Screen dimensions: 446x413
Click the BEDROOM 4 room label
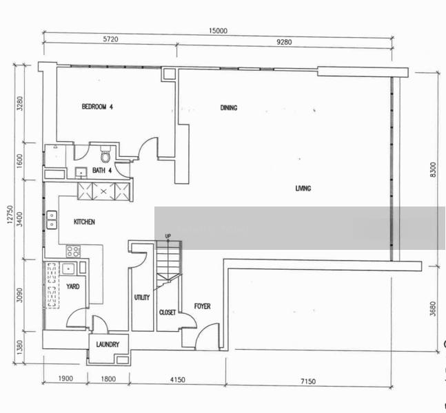tap(97, 107)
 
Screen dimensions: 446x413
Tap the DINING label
tap(229, 107)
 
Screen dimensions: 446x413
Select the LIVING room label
tap(303, 189)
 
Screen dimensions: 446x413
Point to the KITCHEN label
tap(84, 222)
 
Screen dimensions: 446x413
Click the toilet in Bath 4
tap(105, 154)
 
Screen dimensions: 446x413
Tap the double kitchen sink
tap(52, 220)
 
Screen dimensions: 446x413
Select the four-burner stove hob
tap(73, 251)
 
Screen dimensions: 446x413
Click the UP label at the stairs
tap(168, 236)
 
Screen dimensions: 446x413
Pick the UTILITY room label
tap(141, 297)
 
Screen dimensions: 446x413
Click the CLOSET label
tap(168, 313)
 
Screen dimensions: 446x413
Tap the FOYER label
tap(202, 306)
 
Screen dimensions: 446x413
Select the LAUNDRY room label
tap(108, 345)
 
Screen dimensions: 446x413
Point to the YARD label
tap(73, 286)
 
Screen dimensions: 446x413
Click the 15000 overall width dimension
tap(218, 31)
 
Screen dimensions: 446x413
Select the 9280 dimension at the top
tap(284, 42)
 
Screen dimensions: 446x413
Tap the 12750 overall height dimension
tap(10, 215)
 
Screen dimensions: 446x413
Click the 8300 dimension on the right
tap(433, 170)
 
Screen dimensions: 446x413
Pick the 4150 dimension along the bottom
tap(177, 380)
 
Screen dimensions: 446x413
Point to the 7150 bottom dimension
tap(308, 381)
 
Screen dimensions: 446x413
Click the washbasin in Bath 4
tap(81, 172)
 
